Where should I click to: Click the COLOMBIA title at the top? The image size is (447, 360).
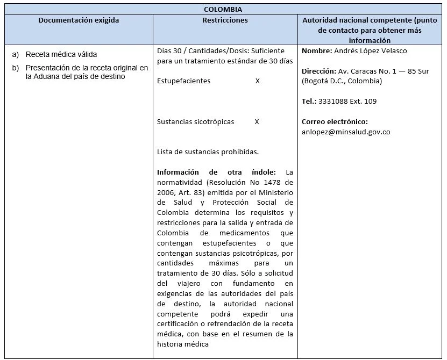point(223,9)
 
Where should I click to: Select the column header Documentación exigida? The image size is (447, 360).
point(79,20)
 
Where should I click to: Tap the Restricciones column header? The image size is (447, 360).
point(225,20)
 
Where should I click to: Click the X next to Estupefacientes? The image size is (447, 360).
point(258,81)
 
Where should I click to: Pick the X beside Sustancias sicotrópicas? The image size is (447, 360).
point(257,122)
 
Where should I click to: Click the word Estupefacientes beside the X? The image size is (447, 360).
point(183,81)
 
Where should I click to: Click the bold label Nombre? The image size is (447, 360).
point(317,51)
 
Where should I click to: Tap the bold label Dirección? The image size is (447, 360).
point(319,71)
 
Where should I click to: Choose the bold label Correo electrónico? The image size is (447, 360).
point(335,121)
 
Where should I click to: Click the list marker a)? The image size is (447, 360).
point(15,55)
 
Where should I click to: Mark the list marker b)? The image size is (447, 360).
point(15,68)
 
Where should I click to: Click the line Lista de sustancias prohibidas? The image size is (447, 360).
point(208,152)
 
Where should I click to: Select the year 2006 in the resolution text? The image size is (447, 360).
point(166,192)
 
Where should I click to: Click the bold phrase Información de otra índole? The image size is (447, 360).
point(216,172)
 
